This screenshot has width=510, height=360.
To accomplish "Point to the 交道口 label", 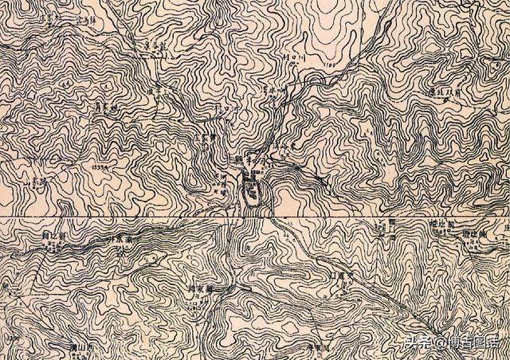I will (334, 277).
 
